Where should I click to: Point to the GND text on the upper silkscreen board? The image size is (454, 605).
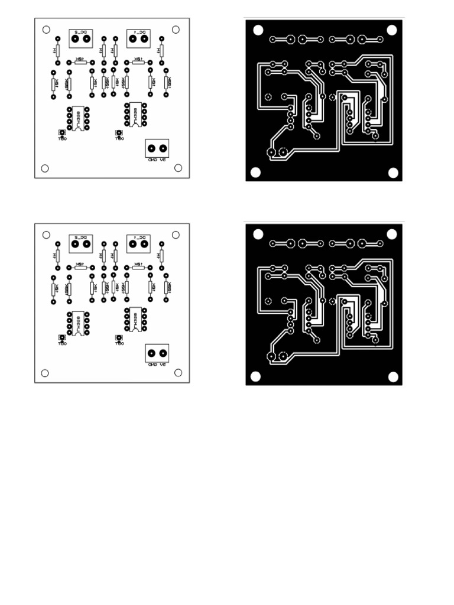[151, 159]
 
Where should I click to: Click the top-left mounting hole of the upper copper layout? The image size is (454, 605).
[258, 30]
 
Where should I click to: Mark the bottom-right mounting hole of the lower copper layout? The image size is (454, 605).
[393, 376]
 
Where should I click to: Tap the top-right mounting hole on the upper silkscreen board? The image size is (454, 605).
[176, 30]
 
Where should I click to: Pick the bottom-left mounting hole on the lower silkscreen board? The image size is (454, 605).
[44, 373]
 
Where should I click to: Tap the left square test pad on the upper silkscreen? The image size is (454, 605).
[61, 132]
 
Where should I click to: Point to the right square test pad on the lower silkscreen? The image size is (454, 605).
[118, 338]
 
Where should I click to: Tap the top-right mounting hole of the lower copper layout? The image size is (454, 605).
[391, 234]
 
